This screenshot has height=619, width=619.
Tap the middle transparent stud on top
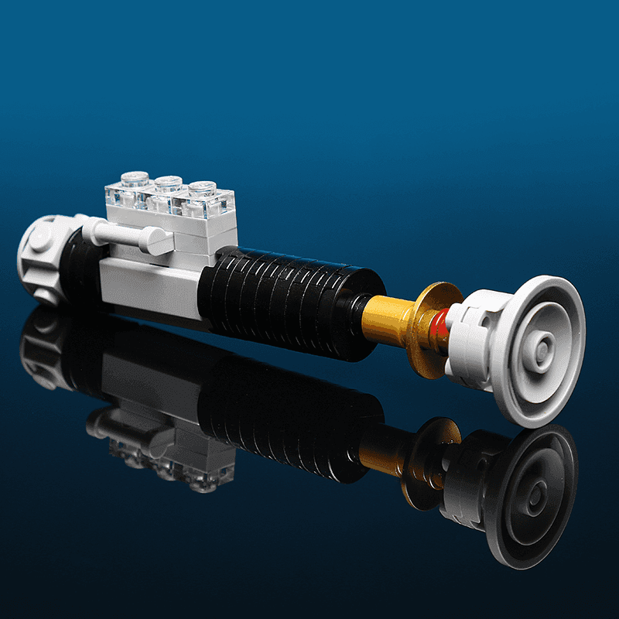pos(168,183)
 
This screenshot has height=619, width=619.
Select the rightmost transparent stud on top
pos(201,188)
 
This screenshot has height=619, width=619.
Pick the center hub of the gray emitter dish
pos(542,349)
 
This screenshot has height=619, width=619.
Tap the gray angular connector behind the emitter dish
pos(472,340)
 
